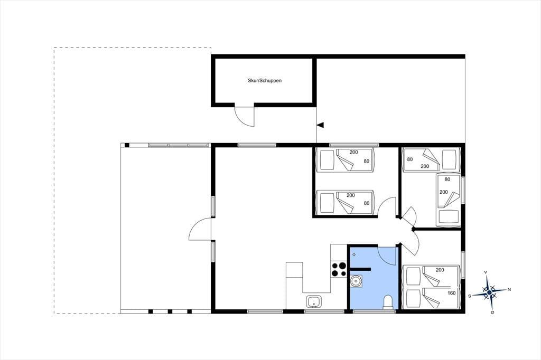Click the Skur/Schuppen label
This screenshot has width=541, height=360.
tap(265, 81)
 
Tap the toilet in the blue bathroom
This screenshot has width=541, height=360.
tap(388, 302)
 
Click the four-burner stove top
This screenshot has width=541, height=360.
tap(339, 269)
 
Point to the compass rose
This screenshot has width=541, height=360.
tap(489, 292)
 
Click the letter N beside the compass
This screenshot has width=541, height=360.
tap(509, 290)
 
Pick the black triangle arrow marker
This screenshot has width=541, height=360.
tap(321, 125)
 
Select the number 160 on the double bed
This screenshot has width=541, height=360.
tap(451, 293)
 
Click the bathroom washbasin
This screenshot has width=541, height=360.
tap(356, 281)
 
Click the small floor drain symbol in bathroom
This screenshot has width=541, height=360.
tap(353, 254)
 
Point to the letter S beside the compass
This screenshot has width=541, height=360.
tap(469, 296)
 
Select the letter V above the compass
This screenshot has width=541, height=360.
tap(486, 272)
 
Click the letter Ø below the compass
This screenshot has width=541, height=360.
tap(492, 312)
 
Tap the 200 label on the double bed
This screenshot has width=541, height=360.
tap(440, 270)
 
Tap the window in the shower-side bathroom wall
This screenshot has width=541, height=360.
tap(375, 311)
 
